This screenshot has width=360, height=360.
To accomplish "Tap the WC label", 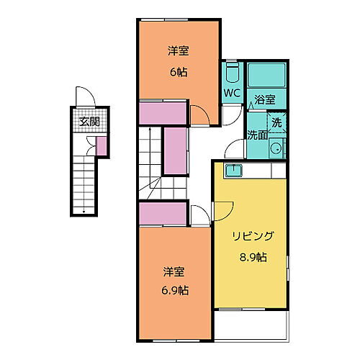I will [231, 93].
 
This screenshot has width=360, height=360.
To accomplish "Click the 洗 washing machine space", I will [276, 123].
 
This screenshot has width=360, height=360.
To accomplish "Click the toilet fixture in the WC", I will [232, 73].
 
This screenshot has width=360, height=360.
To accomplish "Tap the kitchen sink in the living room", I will [234, 171].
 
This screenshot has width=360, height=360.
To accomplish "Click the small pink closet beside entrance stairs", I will [102, 146].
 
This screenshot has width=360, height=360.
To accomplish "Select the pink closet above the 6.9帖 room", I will [163, 214].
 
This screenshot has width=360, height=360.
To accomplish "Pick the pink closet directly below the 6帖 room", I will [163, 112].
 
